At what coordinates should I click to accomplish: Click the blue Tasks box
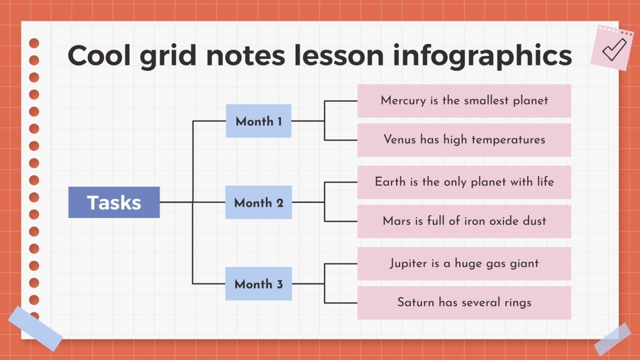(x=114, y=202)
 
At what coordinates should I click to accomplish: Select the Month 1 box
(x=258, y=121)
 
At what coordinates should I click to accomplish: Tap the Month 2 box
(x=258, y=202)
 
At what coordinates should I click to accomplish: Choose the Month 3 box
(x=258, y=284)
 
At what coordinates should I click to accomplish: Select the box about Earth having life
(x=464, y=182)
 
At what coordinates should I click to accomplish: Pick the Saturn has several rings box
(x=464, y=303)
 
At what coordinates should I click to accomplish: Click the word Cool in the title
(x=99, y=55)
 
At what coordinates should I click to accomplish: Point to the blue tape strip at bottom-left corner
(x=35, y=328)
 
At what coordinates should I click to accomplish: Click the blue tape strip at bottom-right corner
(x=613, y=339)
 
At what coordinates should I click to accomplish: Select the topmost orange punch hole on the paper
(x=34, y=44)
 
